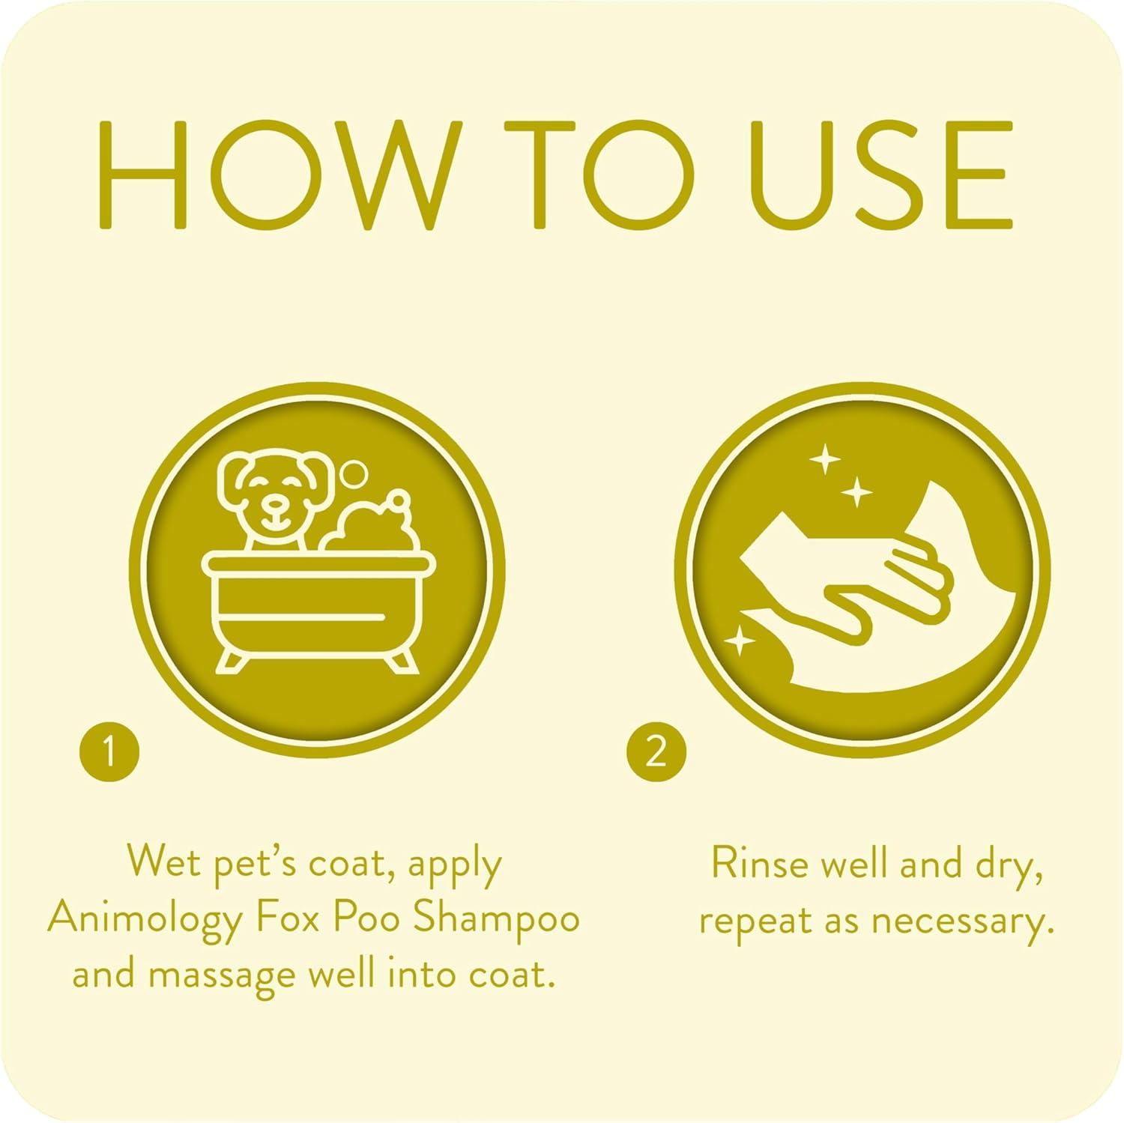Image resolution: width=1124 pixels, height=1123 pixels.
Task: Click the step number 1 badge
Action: pyautogui.click(x=109, y=751)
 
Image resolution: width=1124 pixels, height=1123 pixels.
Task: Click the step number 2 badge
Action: pyautogui.click(x=656, y=751)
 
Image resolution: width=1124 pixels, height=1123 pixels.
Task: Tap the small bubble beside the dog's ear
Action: pyautogui.click(x=353, y=474)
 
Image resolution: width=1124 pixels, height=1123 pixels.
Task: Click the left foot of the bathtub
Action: pyautogui.click(x=232, y=662)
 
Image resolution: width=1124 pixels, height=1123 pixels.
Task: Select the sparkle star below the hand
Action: pyautogui.click(x=740, y=641)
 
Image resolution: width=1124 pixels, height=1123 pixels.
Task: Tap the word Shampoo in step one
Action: pyautogui.click(x=497, y=918)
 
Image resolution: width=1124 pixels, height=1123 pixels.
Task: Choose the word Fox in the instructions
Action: pyautogui.click(x=288, y=918)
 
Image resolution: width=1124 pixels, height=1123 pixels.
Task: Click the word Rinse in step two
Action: pyautogui.click(x=760, y=864)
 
